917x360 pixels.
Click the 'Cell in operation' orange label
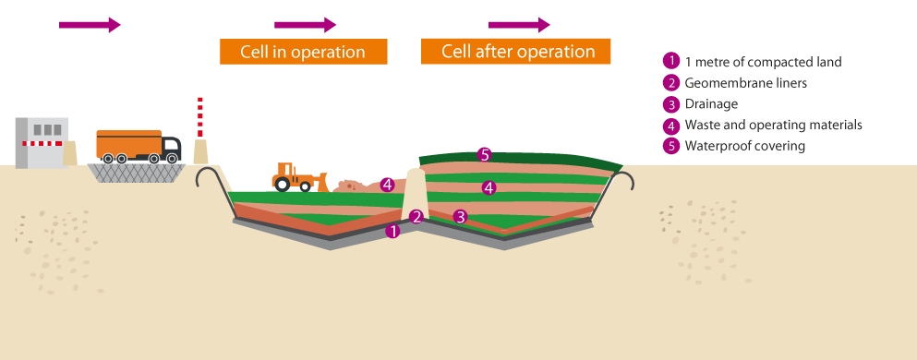303,52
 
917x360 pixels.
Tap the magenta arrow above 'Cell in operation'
306,25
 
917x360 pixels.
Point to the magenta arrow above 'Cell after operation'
520,24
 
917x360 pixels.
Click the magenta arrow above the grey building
90,25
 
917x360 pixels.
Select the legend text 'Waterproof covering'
745,146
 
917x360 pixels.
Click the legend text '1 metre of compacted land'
763,62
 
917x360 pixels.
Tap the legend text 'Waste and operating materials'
773,125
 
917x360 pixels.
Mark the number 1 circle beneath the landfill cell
392,231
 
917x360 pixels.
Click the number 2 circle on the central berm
416,217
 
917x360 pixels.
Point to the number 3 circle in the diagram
460,217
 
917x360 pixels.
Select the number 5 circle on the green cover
485,154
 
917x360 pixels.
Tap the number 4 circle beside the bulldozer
388,185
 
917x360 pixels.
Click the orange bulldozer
294,176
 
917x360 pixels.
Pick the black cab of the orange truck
173,146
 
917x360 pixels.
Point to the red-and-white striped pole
200,117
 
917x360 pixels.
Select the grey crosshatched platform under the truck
137,172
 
